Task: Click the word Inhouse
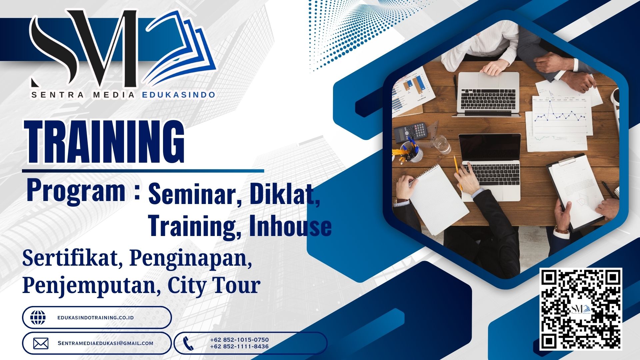290,226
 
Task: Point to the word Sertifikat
70,258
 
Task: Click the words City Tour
214,285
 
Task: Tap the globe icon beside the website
38,318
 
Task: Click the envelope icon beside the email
41,343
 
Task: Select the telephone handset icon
188,343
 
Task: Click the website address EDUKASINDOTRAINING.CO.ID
96,318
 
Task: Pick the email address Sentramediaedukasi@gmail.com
105,343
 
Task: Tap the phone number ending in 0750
239,340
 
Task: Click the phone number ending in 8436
239,347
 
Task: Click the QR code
581,309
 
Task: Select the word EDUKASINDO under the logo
179,95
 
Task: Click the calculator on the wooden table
411,131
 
